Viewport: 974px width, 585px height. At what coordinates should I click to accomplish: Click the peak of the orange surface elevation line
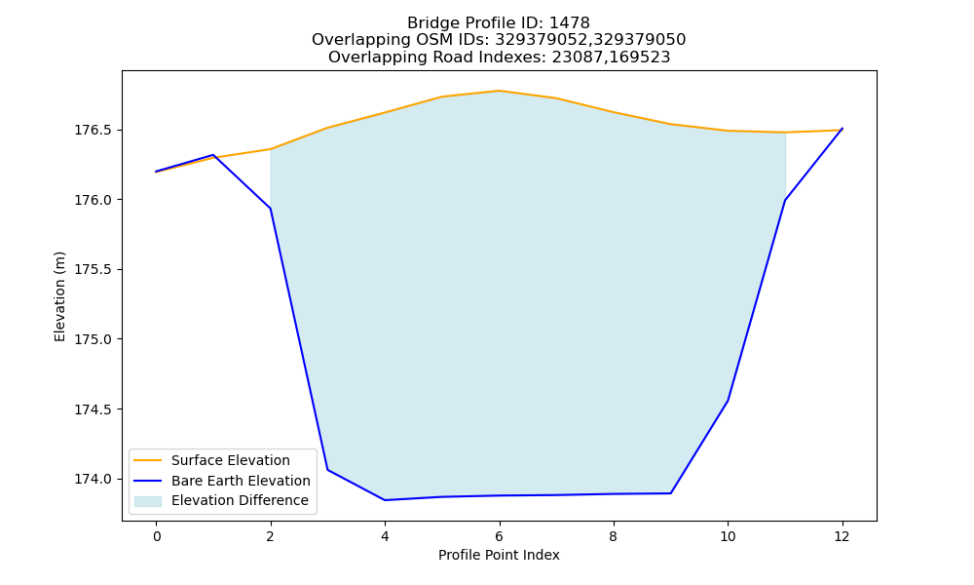point(499,91)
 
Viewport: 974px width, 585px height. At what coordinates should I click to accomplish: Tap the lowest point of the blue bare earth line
point(385,500)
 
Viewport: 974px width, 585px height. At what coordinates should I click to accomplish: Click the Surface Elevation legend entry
point(211,460)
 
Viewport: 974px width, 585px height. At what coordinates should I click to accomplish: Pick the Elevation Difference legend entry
point(221,500)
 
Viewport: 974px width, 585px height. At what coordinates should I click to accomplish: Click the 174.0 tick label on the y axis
point(94,479)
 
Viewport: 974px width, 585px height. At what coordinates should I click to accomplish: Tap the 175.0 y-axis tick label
point(94,339)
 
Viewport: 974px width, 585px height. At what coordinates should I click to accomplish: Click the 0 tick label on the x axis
point(157,536)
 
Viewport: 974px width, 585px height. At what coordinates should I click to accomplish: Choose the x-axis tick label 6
point(499,536)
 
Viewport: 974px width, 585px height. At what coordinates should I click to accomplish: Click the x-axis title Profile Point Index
point(499,555)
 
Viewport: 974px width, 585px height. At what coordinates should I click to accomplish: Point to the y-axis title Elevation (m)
point(59,296)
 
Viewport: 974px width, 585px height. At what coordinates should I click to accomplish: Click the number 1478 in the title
point(570,23)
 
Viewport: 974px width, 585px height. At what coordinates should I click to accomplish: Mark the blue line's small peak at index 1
point(213,155)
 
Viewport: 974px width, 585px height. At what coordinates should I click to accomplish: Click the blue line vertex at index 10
point(728,401)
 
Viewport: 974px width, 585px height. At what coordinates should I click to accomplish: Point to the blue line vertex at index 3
point(328,470)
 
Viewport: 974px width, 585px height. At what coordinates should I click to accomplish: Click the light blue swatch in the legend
point(148,501)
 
